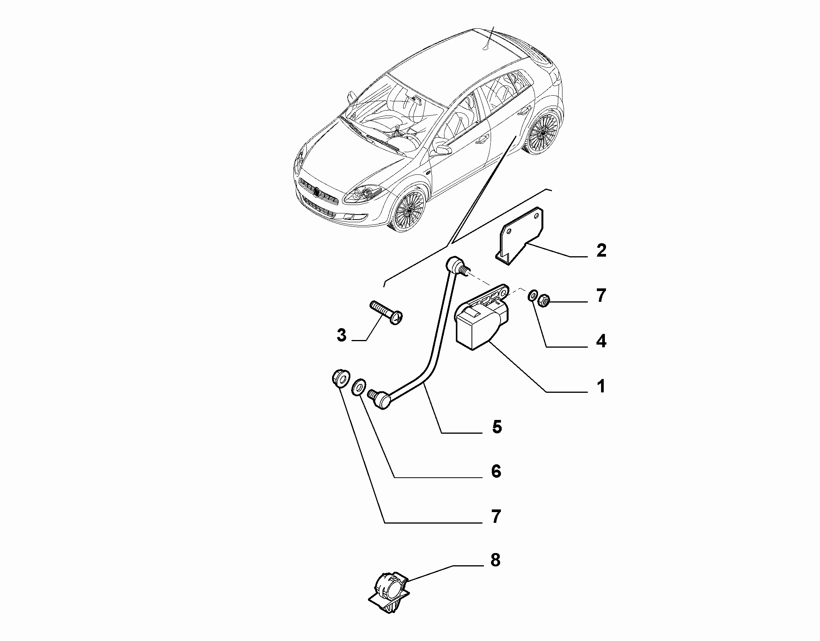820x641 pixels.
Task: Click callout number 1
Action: [601, 387]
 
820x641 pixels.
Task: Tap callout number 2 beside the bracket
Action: [601, 251]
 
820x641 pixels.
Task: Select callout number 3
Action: [341, 335]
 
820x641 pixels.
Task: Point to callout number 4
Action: [601, 341]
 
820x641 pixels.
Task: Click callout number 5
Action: [497, 427]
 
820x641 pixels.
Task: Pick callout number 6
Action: [496, 472]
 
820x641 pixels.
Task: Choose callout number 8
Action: [496, 560]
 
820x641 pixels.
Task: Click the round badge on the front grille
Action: [317, 192]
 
